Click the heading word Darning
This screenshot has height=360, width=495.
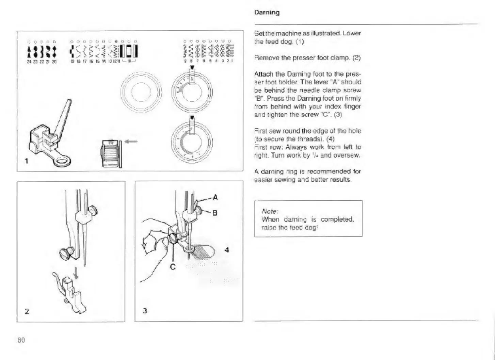(267, 13)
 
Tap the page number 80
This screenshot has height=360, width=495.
(21, 340)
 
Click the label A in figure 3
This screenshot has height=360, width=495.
(215, 197)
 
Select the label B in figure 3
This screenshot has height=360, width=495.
(215, 213)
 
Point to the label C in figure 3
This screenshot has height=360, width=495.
(173, 267)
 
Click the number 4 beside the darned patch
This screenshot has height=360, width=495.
(227, 250)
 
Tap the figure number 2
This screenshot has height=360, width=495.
(27, 311)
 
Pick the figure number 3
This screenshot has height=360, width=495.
(145, 311)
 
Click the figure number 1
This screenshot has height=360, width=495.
(27, 161)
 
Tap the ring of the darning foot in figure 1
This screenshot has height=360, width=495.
(62, 161)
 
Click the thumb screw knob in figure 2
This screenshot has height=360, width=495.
(65, 252)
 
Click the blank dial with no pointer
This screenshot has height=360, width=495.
(141, 92)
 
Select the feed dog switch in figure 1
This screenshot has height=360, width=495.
(110, 153)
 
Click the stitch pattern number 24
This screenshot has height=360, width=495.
(29, 62)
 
